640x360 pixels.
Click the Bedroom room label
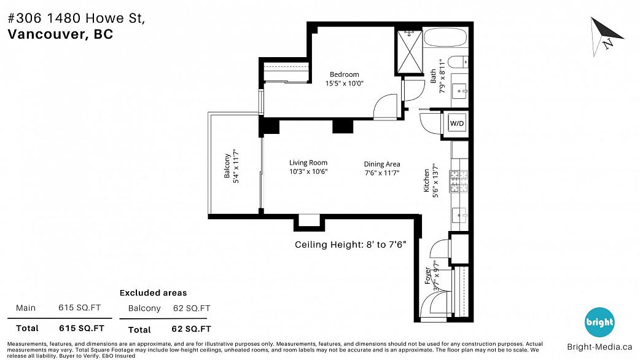[344, 74]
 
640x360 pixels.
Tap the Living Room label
[308, 162]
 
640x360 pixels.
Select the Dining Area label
[381, 164]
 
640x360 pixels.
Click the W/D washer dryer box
[457, 123]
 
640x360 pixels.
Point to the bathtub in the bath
[445, 37]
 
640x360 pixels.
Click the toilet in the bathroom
[458, 62]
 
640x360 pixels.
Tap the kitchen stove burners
[459, 181]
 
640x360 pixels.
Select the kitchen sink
[460, 214]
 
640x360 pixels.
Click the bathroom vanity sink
[461, 90]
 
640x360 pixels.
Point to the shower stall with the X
[410, 52]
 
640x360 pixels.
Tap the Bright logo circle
[599, 322]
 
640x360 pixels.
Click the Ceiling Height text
[350, 245]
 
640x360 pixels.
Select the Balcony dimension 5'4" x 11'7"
[236, 166]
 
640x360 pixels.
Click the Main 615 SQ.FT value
[79, 308]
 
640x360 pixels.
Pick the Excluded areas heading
[153, 292]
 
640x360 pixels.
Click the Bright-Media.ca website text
[599, 347]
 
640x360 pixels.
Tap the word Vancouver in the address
[45, 34]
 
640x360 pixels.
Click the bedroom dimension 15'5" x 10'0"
[344, 84]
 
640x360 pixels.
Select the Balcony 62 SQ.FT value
[192, 308]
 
